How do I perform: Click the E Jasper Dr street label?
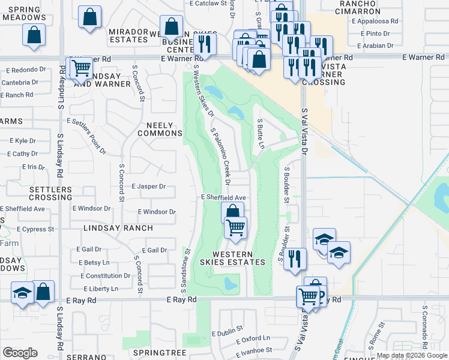click(x=148, y=187)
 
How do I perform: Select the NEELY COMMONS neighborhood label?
click(x=160, y=129)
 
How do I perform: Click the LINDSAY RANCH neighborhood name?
click(x=118, y=229)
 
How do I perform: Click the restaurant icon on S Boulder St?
click(x=294, y=259)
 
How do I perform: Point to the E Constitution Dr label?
click(x=106, y=276)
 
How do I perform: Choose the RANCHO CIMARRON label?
click(x=358, y=7)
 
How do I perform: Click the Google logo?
click(x=20, y=353)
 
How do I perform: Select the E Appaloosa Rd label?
click(x=375, y=20)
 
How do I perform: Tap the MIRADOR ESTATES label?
click(x=128, y=35)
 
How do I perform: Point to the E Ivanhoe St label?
click(x=252, y=349)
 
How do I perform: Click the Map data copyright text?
click(x=412, y=355)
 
